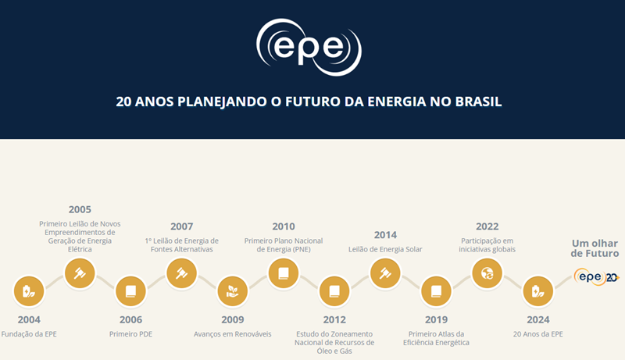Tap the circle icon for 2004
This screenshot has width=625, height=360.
(29, 292)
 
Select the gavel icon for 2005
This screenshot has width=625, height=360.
(80, 272)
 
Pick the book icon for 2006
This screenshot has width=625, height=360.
(130, 292)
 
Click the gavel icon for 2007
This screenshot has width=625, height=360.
(181, 273)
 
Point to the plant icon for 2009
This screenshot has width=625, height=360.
(232, 292)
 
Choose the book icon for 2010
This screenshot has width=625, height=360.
(283, 273)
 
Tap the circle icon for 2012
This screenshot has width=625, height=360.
(334, 292)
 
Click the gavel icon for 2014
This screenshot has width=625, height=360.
(384, 273)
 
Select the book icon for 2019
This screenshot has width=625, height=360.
(435, 292)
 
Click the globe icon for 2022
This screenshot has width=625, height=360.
(487, 273)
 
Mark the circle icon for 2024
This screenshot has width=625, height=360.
(537, 292)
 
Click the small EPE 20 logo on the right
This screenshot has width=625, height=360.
(596, 276)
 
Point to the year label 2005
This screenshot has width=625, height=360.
(80, 209)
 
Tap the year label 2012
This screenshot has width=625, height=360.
(334, 319)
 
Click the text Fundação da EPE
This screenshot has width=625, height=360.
(29, 334)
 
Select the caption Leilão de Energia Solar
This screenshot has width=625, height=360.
(384, 249)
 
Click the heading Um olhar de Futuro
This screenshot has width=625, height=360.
(595, 248)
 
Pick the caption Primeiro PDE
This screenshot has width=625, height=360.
(130, 334)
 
